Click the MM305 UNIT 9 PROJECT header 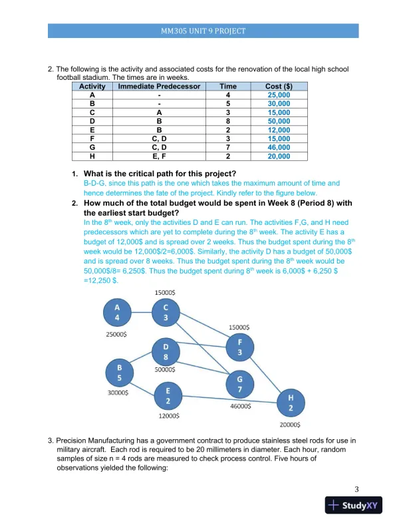pyautogui.click(x=203, y=31)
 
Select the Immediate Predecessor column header pyautogui.click(x=159, y=87)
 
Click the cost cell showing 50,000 pyautogui.click(x=279, y=122)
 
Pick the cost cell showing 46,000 pyautogui.click(x=279, y=148)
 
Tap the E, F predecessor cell pyautogui.click(x=159, y=156)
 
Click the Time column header pyautogui.click(x=228, y=87)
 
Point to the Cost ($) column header pyautogui.click(x=279, y=87)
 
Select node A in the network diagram pyautogui.click(x=118, y=313)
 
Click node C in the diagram pyautogui.click(x=166, y=313)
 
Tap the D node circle pyautogui.click(x=166, y=351)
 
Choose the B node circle pyautogui.click(x=120, y=373)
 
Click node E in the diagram pyautogui.click(x=168, y=397)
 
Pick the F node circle pyautogui.click(x=240, y=347)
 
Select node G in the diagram pyautogui.click(x=239, y=383)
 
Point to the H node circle pyautogui.click(x=290, y=403)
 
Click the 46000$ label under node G pyautogui.click(x=240, y=405)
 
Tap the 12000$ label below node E pyautogui.click(x=168, y=416)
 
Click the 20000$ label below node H pyautogui.click(x=289, y=424)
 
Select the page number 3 pyautogui.click(x=357, y=490)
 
